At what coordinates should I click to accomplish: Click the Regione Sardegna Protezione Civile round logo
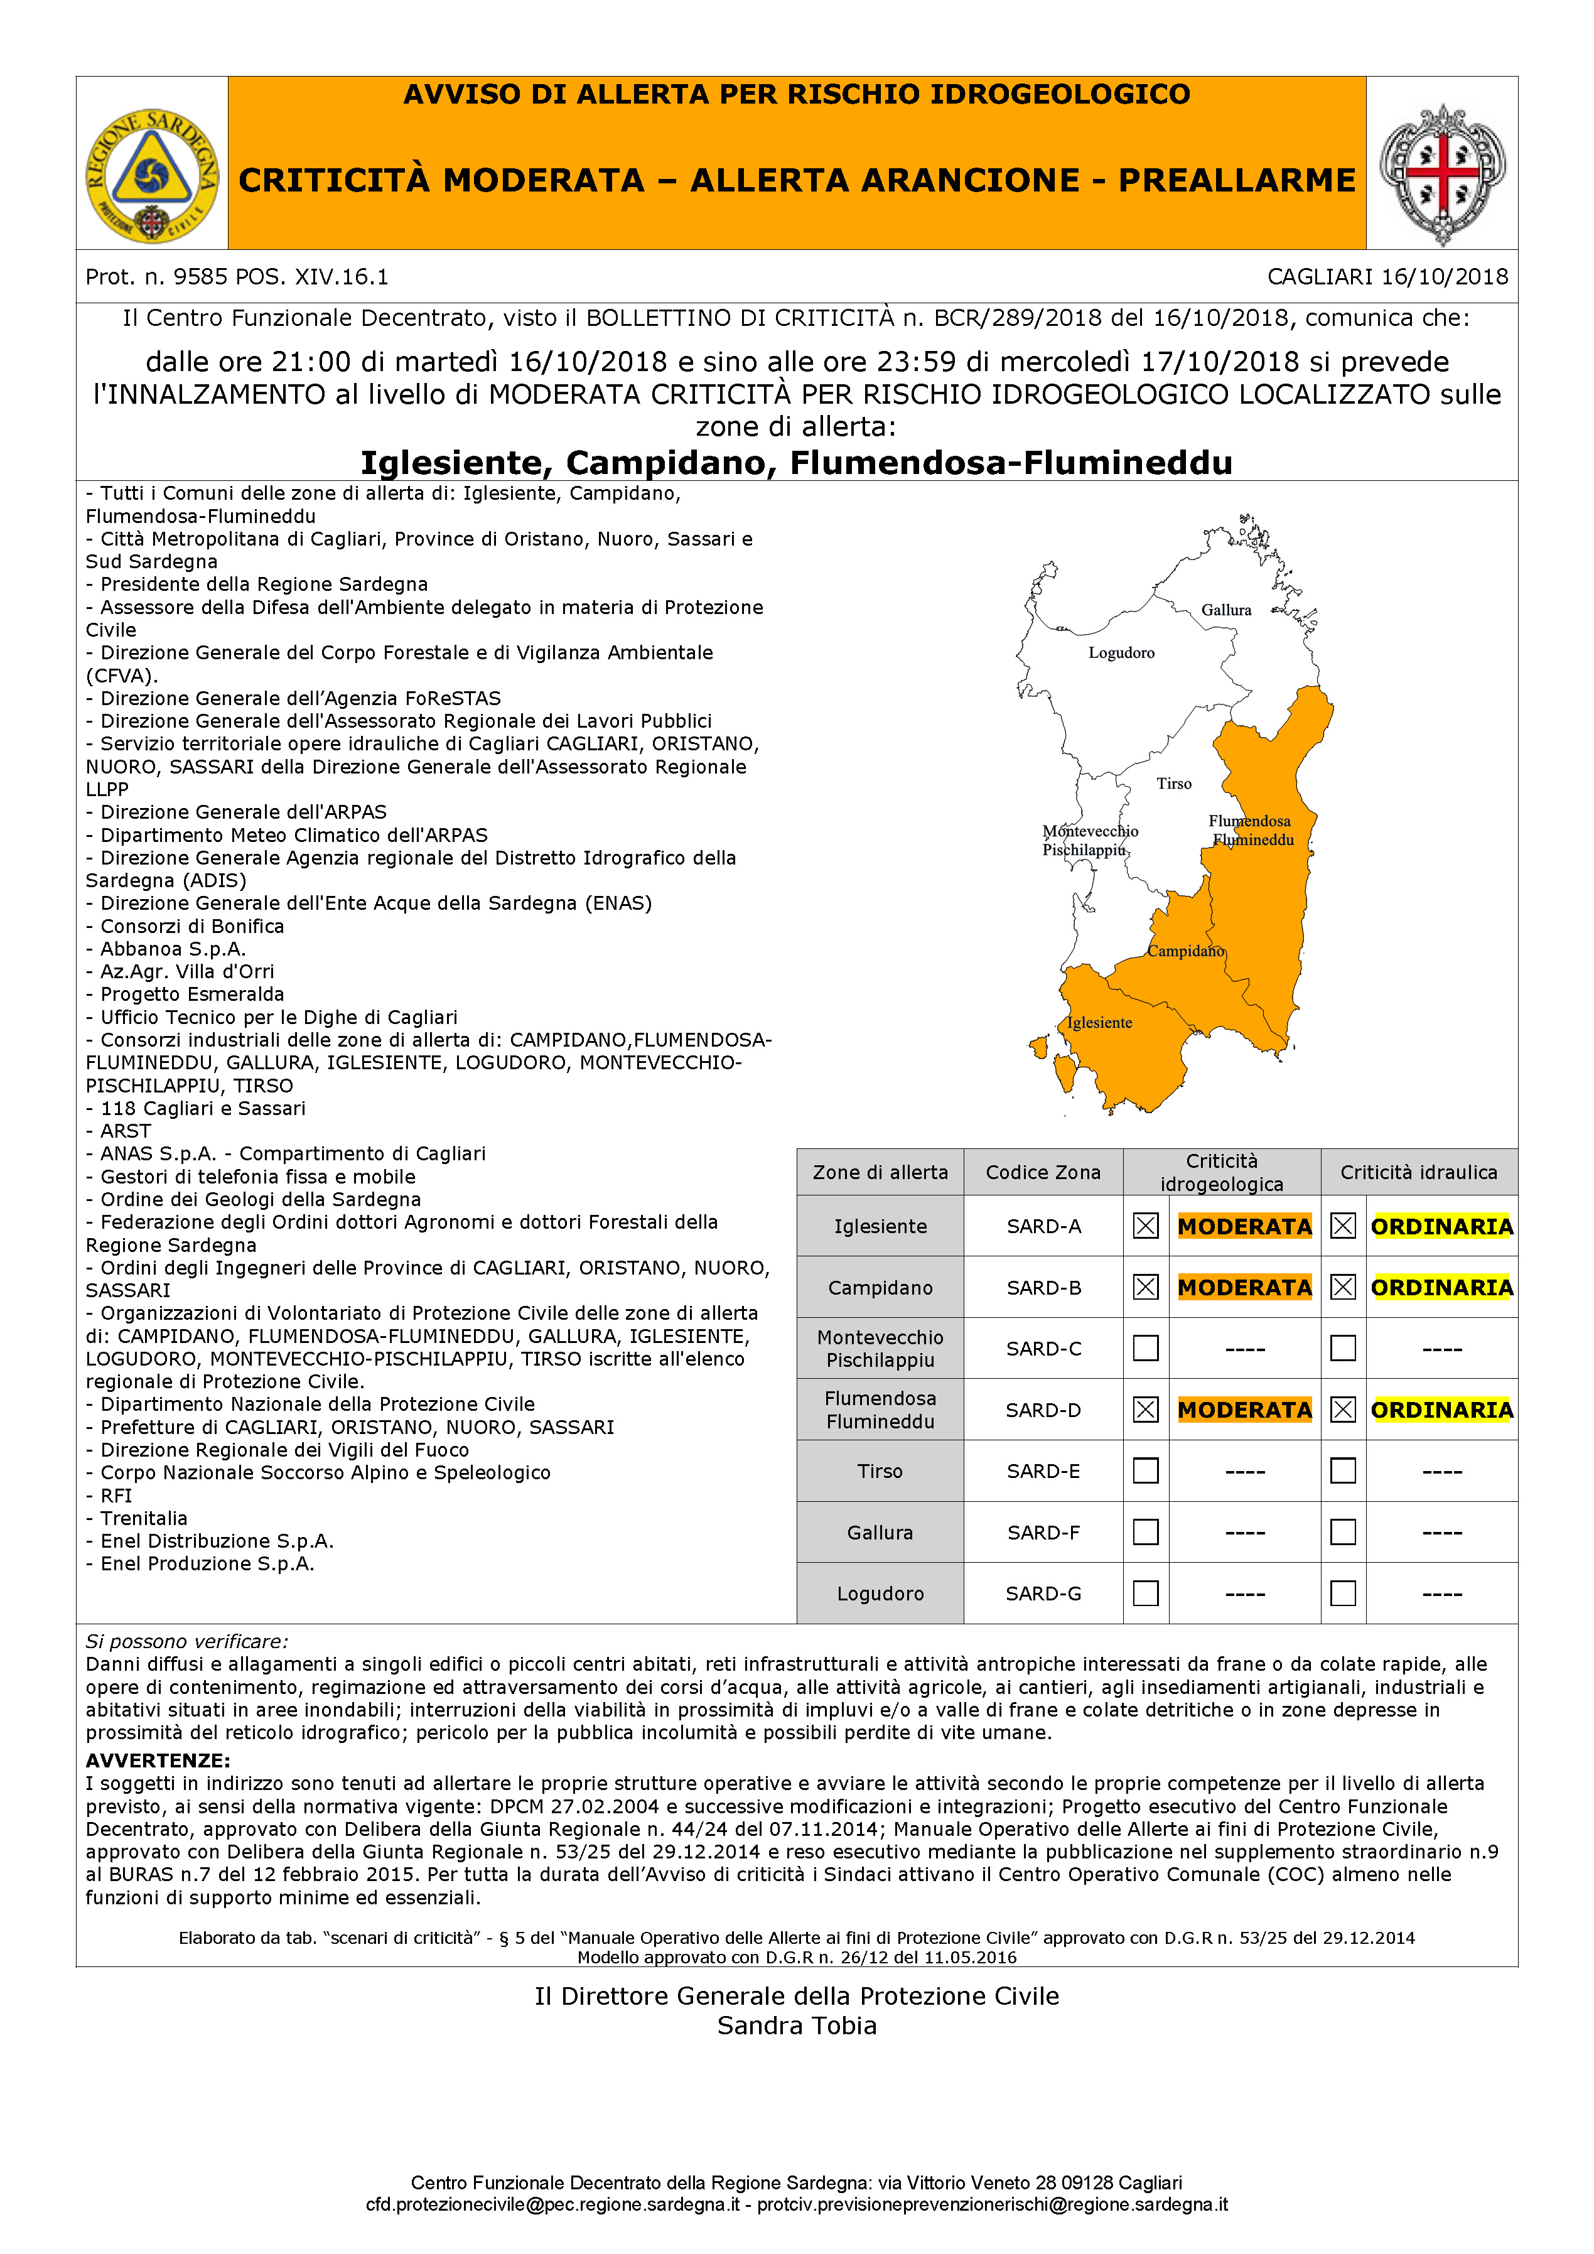(x=152, y=176)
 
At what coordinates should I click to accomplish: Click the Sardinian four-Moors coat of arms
(x=1442, y=174)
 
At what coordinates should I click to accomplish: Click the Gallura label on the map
(x=1226, y=610)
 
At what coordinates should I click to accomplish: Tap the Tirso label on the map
(x=1174, y=784)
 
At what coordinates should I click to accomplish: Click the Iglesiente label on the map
(x=1099, y=1023)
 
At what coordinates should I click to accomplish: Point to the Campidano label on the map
(x=1186, y=951)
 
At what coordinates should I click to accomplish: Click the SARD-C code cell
(x=1043, y=1349)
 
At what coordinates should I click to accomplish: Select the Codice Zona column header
(x=1043, y=1172)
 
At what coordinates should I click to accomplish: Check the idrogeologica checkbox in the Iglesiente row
(x=1146, y=1226)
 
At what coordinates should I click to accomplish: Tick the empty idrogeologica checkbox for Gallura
(x=1146, y=1533)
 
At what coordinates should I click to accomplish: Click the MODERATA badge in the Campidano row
(x=1244, y=1287)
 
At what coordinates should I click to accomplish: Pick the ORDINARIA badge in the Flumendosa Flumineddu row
(x=1442, y=1410)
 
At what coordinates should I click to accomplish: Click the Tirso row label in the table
(x=880, y=1470)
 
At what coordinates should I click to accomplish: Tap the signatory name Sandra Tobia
(x=797, y=2025)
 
